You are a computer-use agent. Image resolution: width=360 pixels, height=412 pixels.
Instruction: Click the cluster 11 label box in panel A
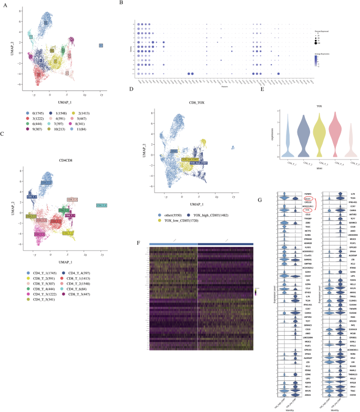pyautogui.click(x=101, y=46)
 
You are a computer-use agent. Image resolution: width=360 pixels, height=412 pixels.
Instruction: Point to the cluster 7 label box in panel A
pyautogui.click(x=31, y=37)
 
